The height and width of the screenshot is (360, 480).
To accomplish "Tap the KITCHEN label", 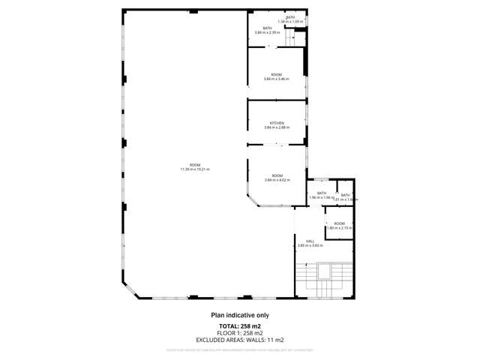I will (277, 123).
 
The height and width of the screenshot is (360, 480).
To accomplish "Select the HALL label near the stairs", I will (310, 241).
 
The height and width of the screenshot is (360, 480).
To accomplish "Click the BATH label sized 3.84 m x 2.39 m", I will (267, 30).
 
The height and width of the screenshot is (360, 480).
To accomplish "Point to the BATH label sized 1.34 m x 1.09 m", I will (290, 19).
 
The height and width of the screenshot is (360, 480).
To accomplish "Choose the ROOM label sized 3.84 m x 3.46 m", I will (277, 76).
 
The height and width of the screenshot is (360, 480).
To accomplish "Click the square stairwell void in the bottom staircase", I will (325, 270).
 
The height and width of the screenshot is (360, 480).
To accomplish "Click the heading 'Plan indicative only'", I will (239, 316).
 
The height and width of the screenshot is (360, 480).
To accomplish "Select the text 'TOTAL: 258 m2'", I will (239, 326).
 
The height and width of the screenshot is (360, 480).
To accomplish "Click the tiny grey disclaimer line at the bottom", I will (239, 349).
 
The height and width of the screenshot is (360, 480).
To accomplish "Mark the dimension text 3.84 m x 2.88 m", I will (277, 127).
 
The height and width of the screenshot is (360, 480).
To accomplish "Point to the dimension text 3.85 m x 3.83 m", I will (310, 245).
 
